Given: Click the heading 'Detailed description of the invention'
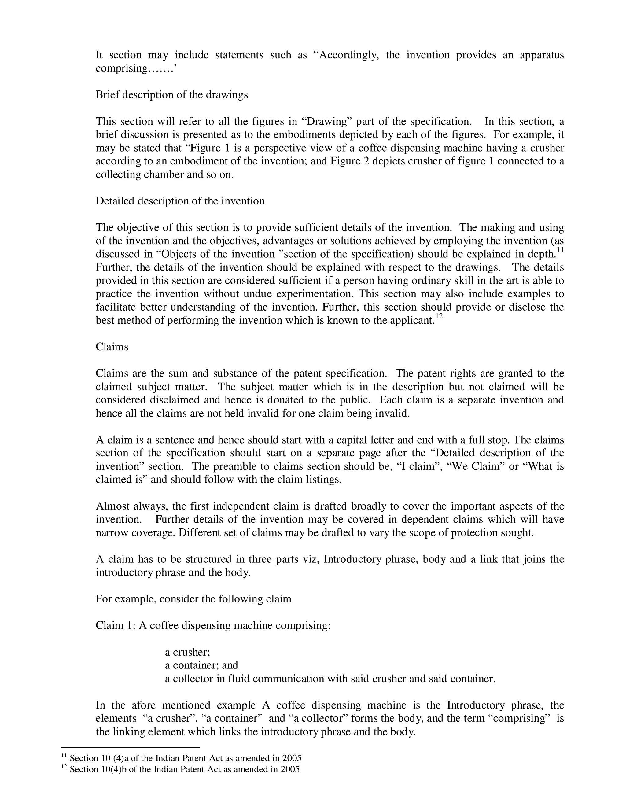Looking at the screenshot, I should tap(180, 201).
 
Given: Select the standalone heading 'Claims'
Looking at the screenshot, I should tap(112, 347).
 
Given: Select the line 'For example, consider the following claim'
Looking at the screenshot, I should tap(193, 599).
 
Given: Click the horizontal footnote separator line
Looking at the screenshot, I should tap(130, 747).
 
